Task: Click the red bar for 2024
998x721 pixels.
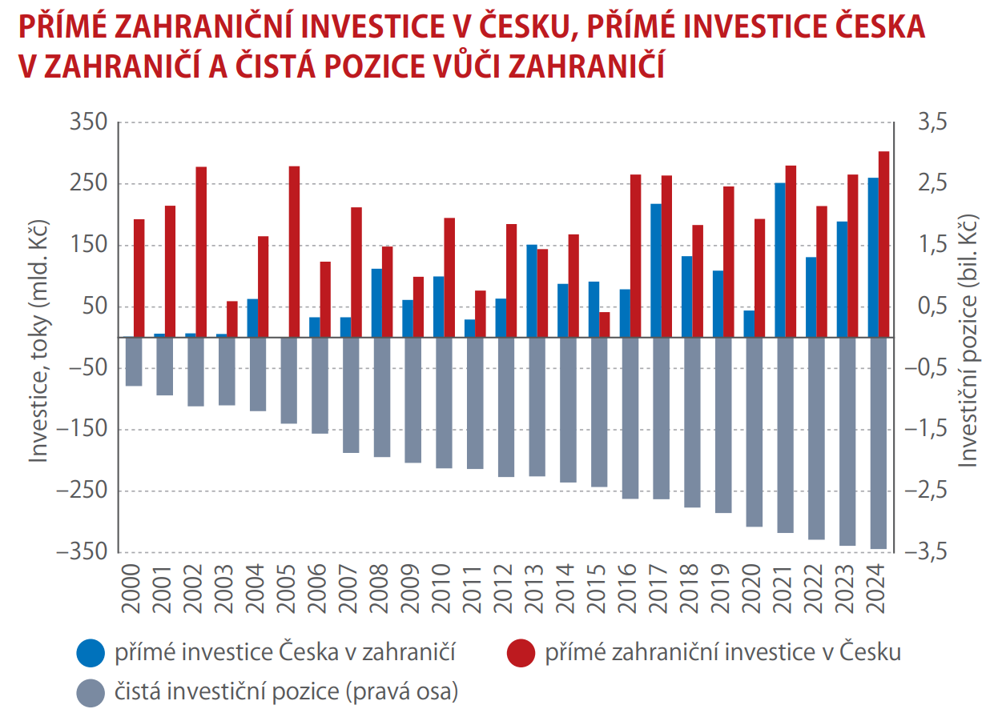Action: click(x=883, y=244)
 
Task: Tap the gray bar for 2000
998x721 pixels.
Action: click(x=134, y=362)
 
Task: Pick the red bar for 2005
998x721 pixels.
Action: click(x=294, y=251)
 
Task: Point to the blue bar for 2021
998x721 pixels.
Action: click(x=779, y=260)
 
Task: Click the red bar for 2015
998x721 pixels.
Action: click(x=604, y=324)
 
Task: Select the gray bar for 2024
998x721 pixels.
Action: click(x=878, y=443)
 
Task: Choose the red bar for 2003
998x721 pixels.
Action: click(x=232, y=319)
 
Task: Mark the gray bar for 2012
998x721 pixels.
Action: click(x=505, y=407)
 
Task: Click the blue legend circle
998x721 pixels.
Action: click(x=91, y=654)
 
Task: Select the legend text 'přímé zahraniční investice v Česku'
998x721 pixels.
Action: click(x=722, y=653)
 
